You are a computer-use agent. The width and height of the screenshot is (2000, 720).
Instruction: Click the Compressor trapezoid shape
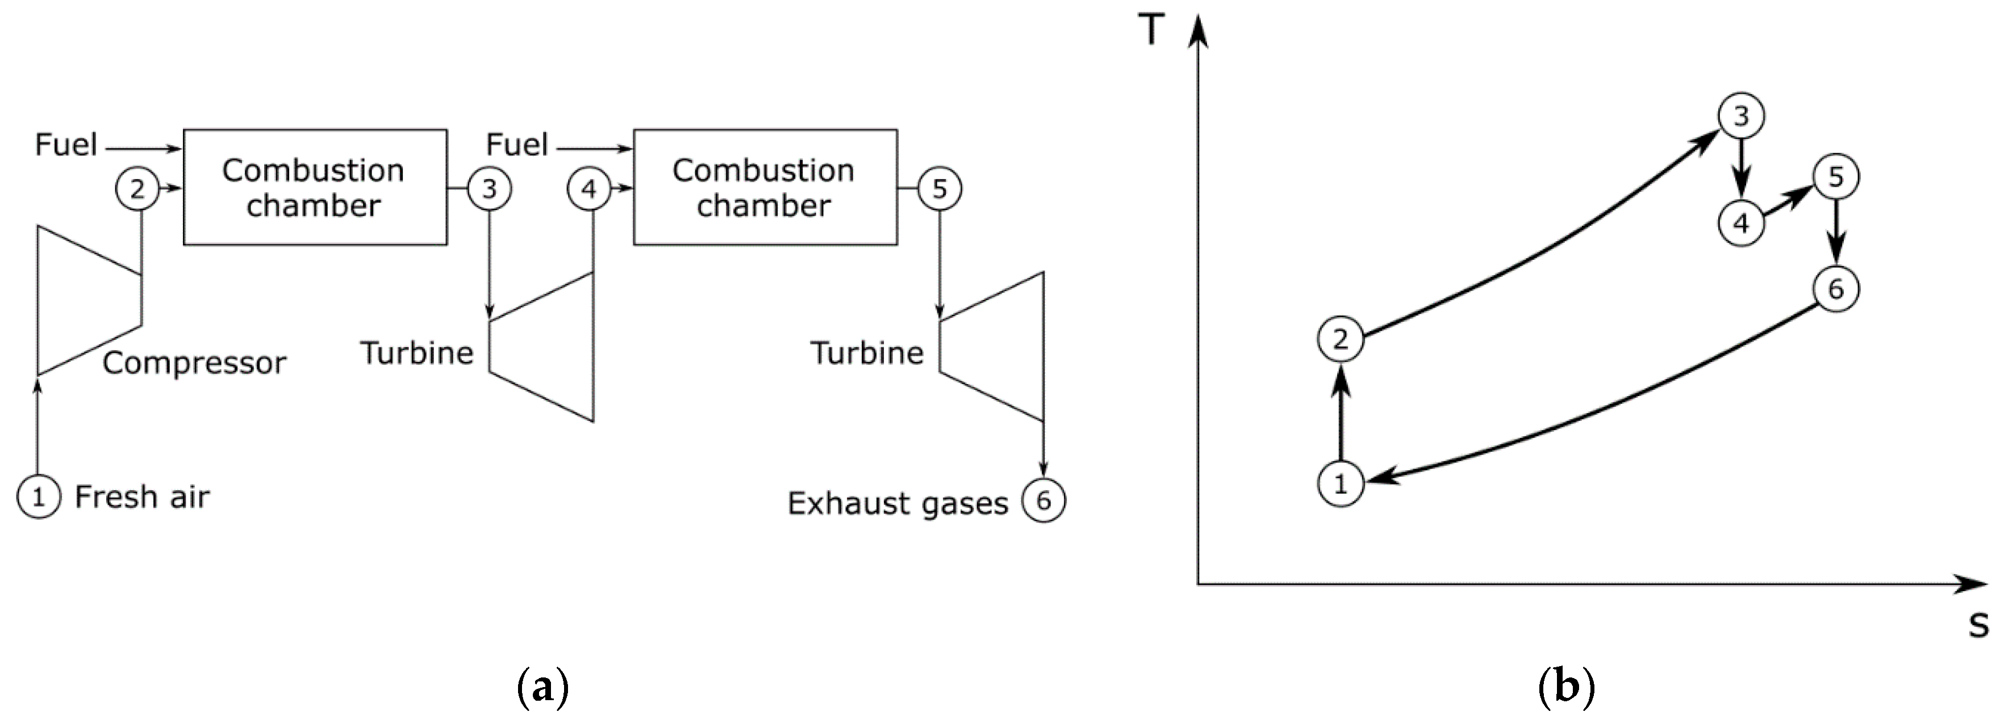click(x=85, y=300)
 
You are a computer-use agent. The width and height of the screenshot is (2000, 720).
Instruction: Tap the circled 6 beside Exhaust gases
click(x=1043, y=500)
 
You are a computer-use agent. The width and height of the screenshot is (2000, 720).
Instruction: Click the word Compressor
click(x=194, y=363)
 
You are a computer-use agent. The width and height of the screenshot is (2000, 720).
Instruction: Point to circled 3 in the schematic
click(x=489, y=188)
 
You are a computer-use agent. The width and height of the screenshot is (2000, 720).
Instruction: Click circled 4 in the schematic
click(x=589, y=188)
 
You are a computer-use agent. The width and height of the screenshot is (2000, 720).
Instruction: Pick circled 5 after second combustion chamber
click(x=940, y=188)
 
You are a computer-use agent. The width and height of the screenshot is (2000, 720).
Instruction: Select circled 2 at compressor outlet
click(x=137, y=188)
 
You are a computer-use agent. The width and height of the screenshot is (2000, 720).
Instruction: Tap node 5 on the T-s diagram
click(x=1835, y=177)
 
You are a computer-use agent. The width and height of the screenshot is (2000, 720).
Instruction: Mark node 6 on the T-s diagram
click(x=1835, y=289)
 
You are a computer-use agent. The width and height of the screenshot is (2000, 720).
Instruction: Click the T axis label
click(x=1152, y=31)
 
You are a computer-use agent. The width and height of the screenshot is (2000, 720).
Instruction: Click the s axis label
click(x=1979, y=625)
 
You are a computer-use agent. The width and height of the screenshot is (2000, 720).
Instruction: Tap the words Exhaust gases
click(x=897, y=503)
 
